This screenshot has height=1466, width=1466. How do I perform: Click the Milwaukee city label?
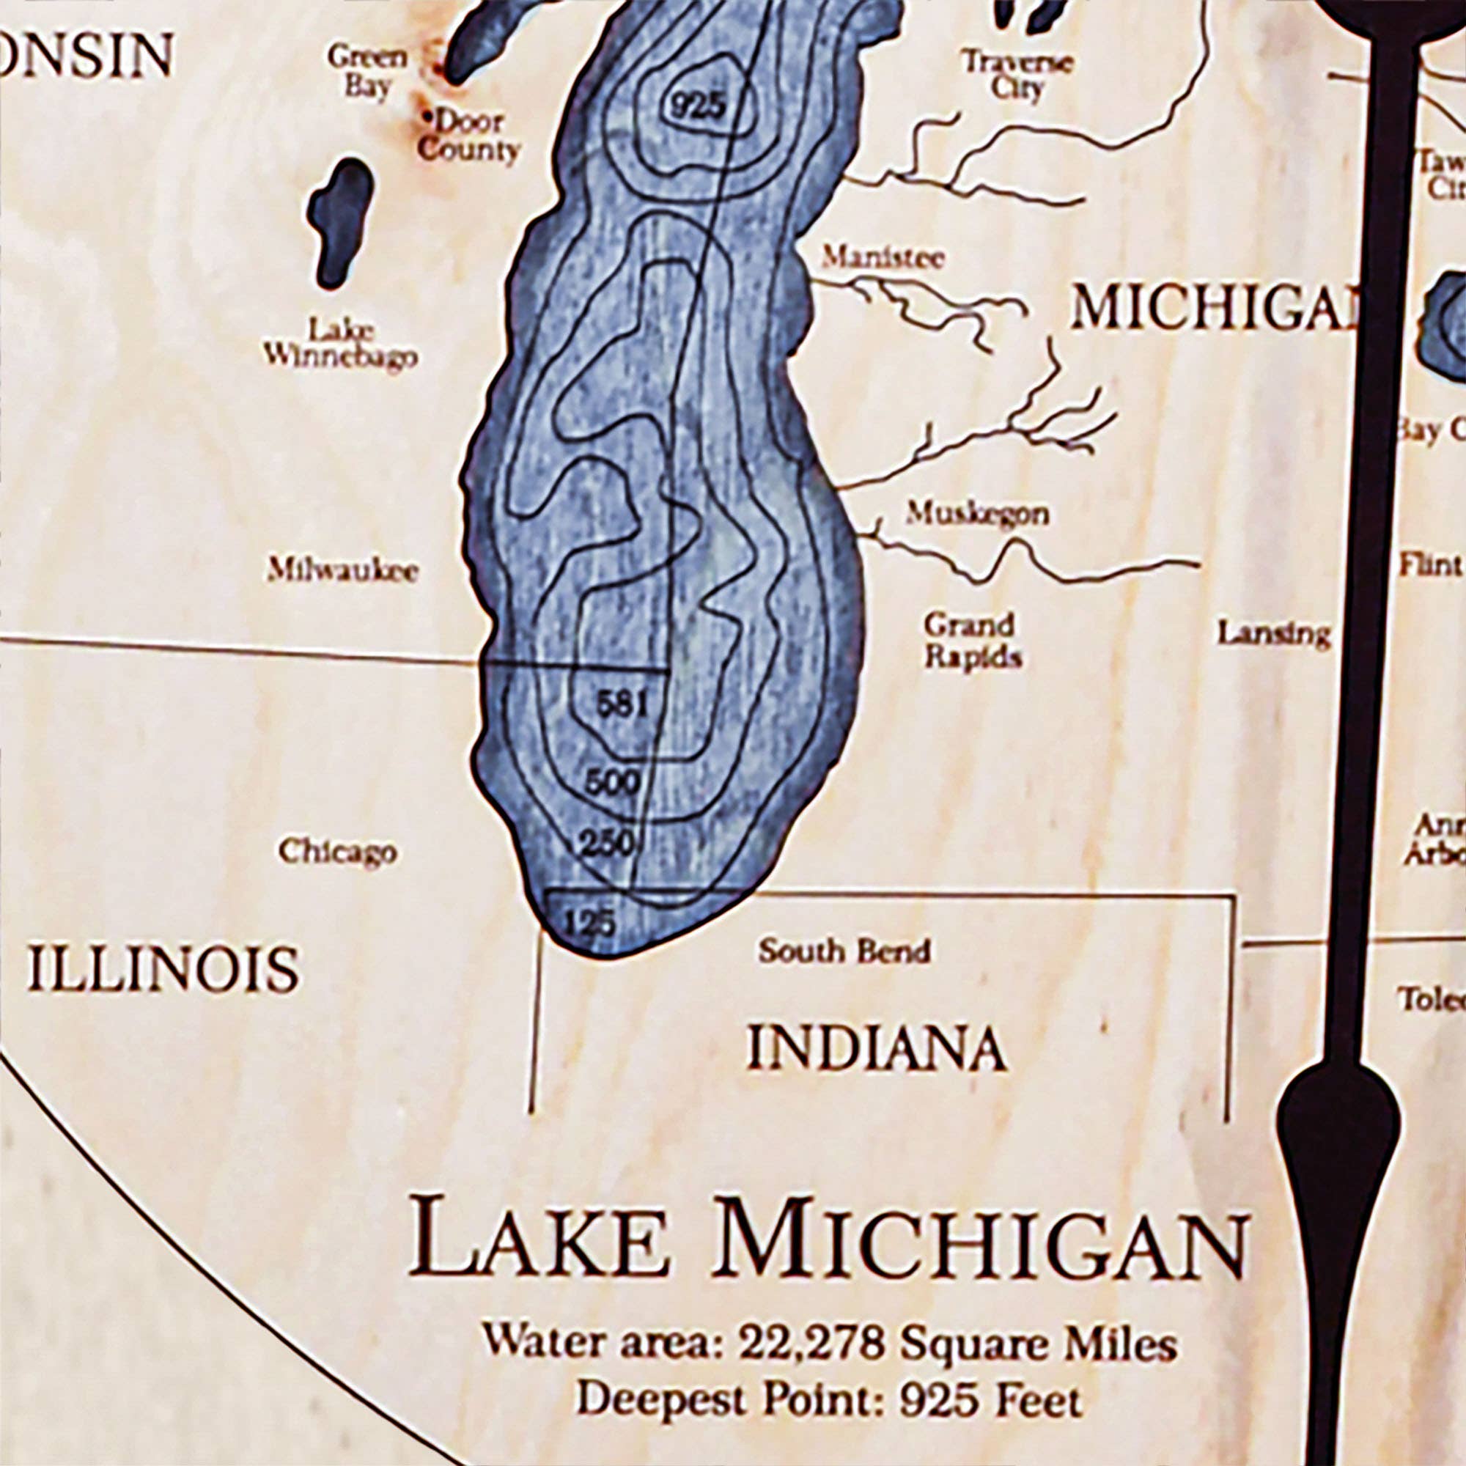pos(342,570)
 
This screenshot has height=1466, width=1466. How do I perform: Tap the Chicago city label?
pos(337,850)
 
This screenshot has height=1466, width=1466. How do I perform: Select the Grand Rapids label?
pos(971,641)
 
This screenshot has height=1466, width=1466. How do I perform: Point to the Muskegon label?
pos(977,514)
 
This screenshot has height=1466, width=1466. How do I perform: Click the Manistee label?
pos(883,258)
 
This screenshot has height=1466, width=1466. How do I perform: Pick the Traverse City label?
pos(1017,74)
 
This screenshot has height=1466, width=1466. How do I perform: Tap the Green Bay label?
pos(367,70)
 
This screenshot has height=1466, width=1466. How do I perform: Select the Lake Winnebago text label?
pos(340,342)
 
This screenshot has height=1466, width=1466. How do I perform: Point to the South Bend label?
pos(844,951)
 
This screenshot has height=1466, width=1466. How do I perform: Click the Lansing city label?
pos(1274,633)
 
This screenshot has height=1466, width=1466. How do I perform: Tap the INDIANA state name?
pos(877,1050)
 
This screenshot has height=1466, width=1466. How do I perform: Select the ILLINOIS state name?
pos(163,970)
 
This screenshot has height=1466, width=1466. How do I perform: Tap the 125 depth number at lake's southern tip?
pos(589,923)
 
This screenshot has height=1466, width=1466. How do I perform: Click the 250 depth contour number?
pos(607,843)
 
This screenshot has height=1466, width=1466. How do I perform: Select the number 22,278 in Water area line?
pos(811,1343)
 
